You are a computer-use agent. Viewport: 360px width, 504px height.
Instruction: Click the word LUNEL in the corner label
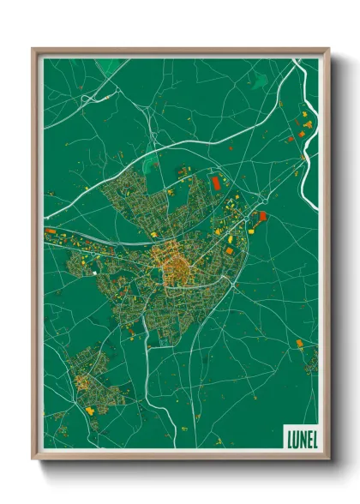click(299, 437)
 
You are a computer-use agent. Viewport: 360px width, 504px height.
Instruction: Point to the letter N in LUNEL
click(300, 437)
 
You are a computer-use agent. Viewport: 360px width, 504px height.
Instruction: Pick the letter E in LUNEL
click(306, 437)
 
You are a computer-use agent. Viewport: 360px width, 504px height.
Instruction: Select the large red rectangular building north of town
click(216, 183)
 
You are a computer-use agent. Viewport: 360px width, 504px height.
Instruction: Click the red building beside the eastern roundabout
click(262, 216)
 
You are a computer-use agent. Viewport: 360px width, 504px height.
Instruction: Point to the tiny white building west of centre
click(93, 273)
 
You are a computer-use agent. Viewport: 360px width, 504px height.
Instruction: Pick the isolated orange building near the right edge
click(299, 344)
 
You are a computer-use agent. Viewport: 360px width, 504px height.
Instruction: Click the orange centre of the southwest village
click(84, 382)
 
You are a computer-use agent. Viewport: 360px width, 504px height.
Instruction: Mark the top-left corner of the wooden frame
click(33, 50)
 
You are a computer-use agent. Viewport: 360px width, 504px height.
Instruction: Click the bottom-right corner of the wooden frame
click(328, 458)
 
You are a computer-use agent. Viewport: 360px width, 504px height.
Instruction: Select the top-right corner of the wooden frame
click(328, 50)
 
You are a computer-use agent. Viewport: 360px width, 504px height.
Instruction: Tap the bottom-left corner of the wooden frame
click(33, 458)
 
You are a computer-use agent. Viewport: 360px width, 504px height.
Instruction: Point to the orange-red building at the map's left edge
click(50, 231)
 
